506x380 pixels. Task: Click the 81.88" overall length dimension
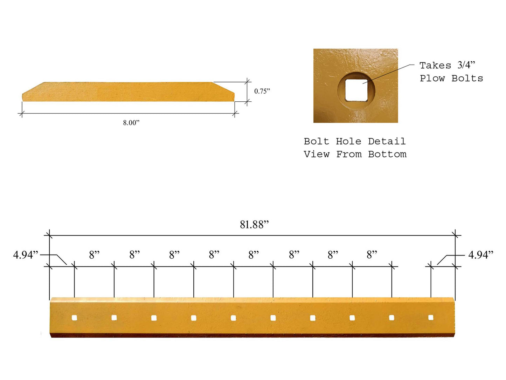point(254,224)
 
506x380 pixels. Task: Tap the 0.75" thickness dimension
point(262,91)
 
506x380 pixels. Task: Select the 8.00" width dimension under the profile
point(131,123)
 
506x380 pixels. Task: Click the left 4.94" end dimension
point(26,255)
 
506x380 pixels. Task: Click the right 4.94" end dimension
point(480,255)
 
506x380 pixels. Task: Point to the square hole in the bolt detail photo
point(356,90)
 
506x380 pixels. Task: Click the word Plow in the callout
point(432,78)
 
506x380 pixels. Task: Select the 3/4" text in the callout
point(466,65)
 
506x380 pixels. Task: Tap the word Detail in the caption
point(387,141)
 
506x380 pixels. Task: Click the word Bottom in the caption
point(387,154)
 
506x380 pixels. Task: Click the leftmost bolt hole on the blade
point(74,318)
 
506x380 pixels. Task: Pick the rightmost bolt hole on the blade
point(431,318)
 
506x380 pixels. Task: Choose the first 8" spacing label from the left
point(94,255)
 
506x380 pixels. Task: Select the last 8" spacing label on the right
point(372,255)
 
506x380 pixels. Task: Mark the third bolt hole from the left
point(154,318)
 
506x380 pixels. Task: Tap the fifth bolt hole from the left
point(233,318)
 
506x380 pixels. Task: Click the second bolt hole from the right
point(391,318)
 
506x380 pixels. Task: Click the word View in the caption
point(316,154)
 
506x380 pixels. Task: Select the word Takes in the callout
point(435,66)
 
